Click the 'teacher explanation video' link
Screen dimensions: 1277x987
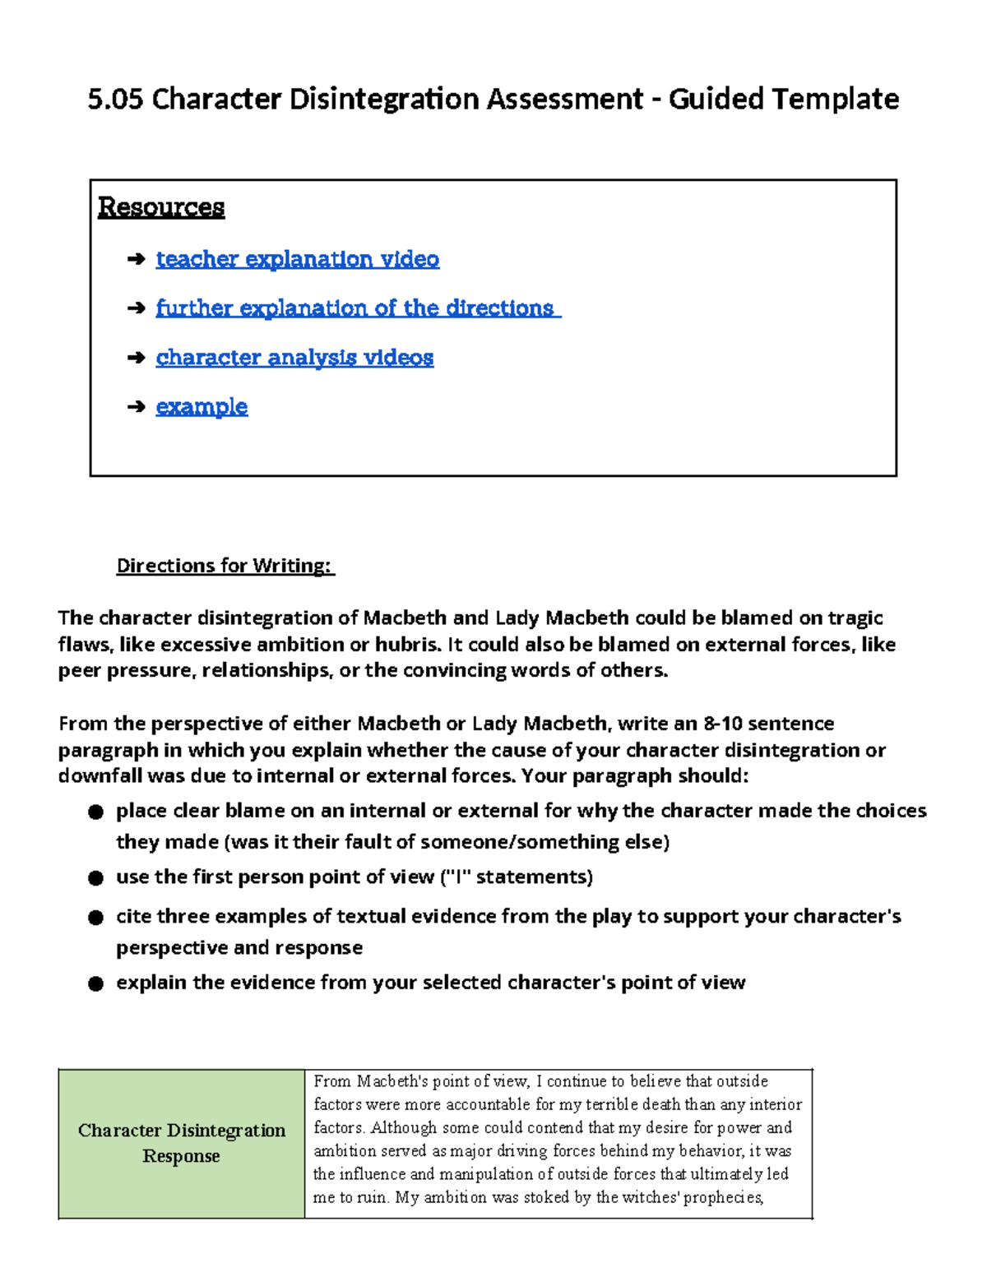pos(297,259)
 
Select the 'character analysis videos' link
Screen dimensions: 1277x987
pos(294,358)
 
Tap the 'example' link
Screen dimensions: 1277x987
pos(202,406)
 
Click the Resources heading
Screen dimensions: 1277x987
pos(161,206)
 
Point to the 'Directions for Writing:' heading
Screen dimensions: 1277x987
pos(225,566)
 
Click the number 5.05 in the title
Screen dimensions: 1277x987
pos(115,99)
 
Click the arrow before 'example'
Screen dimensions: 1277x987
pos(137,406)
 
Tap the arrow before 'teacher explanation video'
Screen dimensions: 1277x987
pos(137,260)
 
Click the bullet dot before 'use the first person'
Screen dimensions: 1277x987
pos(96,878)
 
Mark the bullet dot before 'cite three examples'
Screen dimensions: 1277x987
pos(96,918)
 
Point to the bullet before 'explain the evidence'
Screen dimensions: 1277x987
pos(96,983)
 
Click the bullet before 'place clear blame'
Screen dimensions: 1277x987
pos(96,812)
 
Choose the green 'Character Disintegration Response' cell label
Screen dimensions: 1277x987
pos(182,1143)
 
